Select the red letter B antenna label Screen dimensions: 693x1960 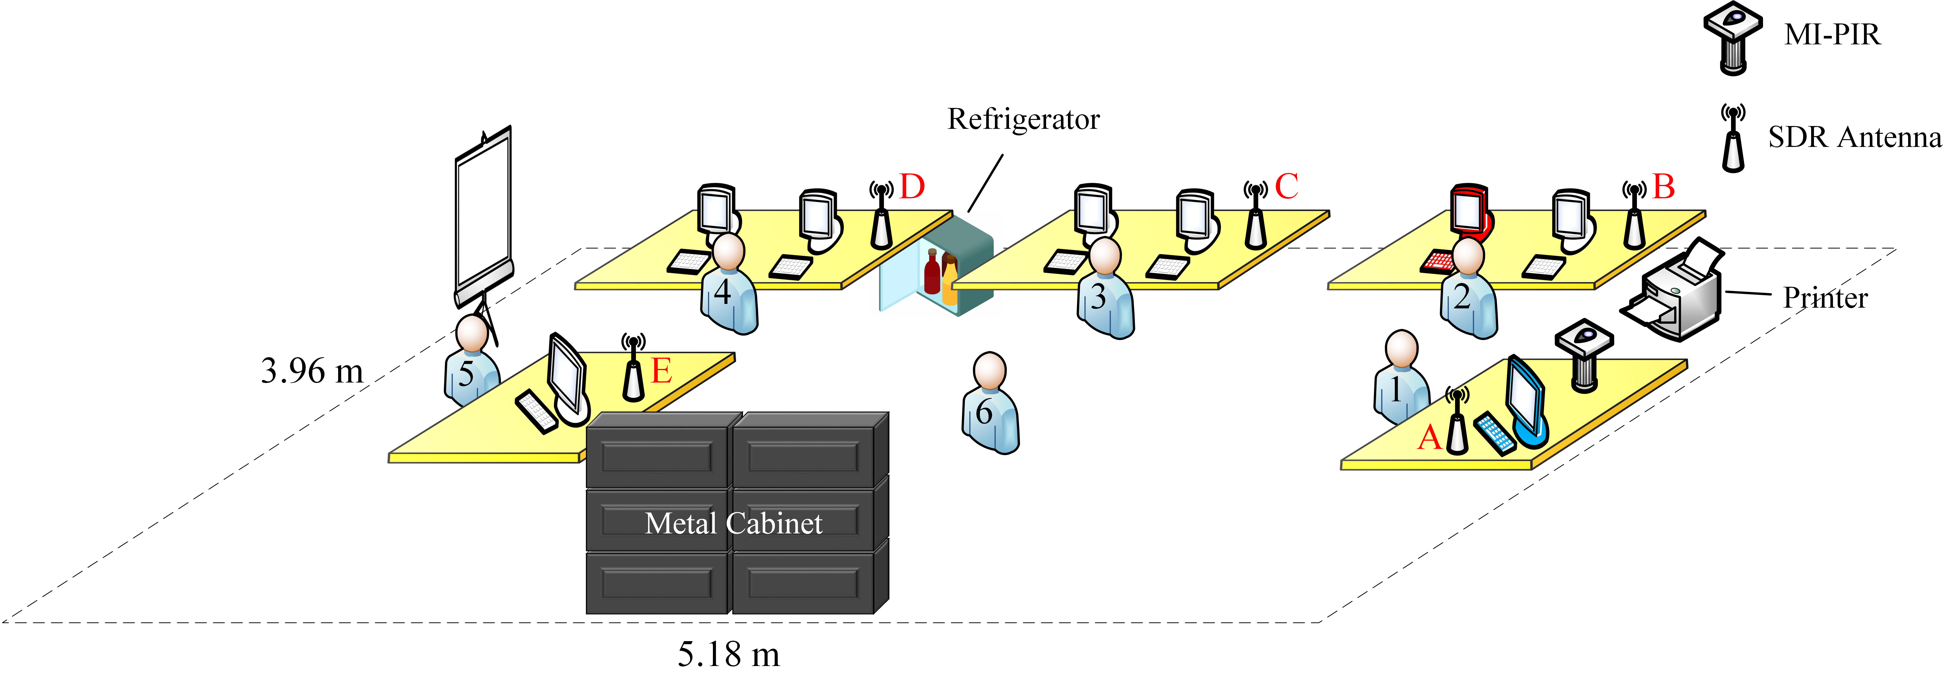(1664, 186)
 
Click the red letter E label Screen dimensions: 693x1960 (661, 371)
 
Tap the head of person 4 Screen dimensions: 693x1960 (729, 251)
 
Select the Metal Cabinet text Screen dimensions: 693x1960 (734, 523)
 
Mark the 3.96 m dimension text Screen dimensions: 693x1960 (312, 371)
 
